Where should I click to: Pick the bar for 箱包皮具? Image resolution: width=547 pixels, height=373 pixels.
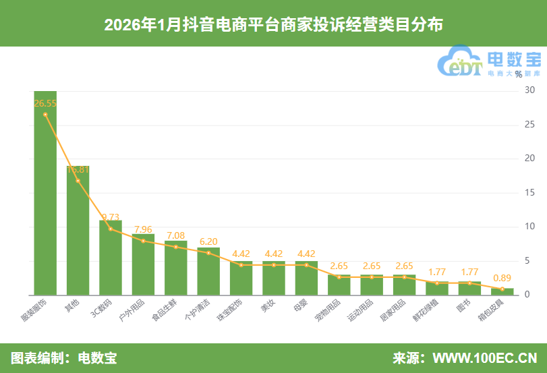tap(502, 291)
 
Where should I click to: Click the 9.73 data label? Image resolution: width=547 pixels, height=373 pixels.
tap(111, 217)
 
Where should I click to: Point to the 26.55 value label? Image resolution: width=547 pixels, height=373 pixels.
tap(45, 103)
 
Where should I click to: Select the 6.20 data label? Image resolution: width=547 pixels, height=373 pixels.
tap(208, 241)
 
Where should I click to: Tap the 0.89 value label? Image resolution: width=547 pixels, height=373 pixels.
tap(502, 277)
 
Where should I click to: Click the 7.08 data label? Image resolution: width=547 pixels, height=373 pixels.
tap(175, 235)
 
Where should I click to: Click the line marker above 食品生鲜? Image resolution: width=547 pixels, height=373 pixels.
tap(176, 247)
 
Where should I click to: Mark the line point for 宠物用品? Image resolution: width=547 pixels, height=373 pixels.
tap(339, 277)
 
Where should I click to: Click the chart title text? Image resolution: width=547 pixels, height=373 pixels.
tap(273, 25)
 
